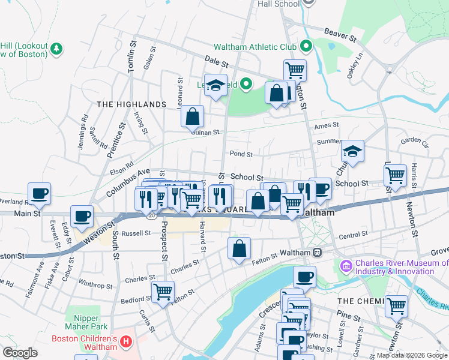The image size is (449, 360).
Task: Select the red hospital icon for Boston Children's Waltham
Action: tap(126, 343)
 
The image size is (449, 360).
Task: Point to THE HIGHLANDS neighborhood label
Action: tap(131, 104)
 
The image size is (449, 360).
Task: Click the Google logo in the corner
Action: tap(20, 352)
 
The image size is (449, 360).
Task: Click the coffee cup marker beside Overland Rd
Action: tap(40, 193)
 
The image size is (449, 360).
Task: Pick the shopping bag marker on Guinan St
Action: tap(193, 116)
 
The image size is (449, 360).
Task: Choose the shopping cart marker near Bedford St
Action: tap(163, 292)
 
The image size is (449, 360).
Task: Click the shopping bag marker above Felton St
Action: tap(239, 248)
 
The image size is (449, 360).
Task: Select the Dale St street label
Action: tap(216, 62)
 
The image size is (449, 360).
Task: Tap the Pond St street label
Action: tap(240, 154)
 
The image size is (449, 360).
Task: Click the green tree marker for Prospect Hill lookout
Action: tap(57, 49)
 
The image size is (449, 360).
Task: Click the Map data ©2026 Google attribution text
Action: tap(411, 355)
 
